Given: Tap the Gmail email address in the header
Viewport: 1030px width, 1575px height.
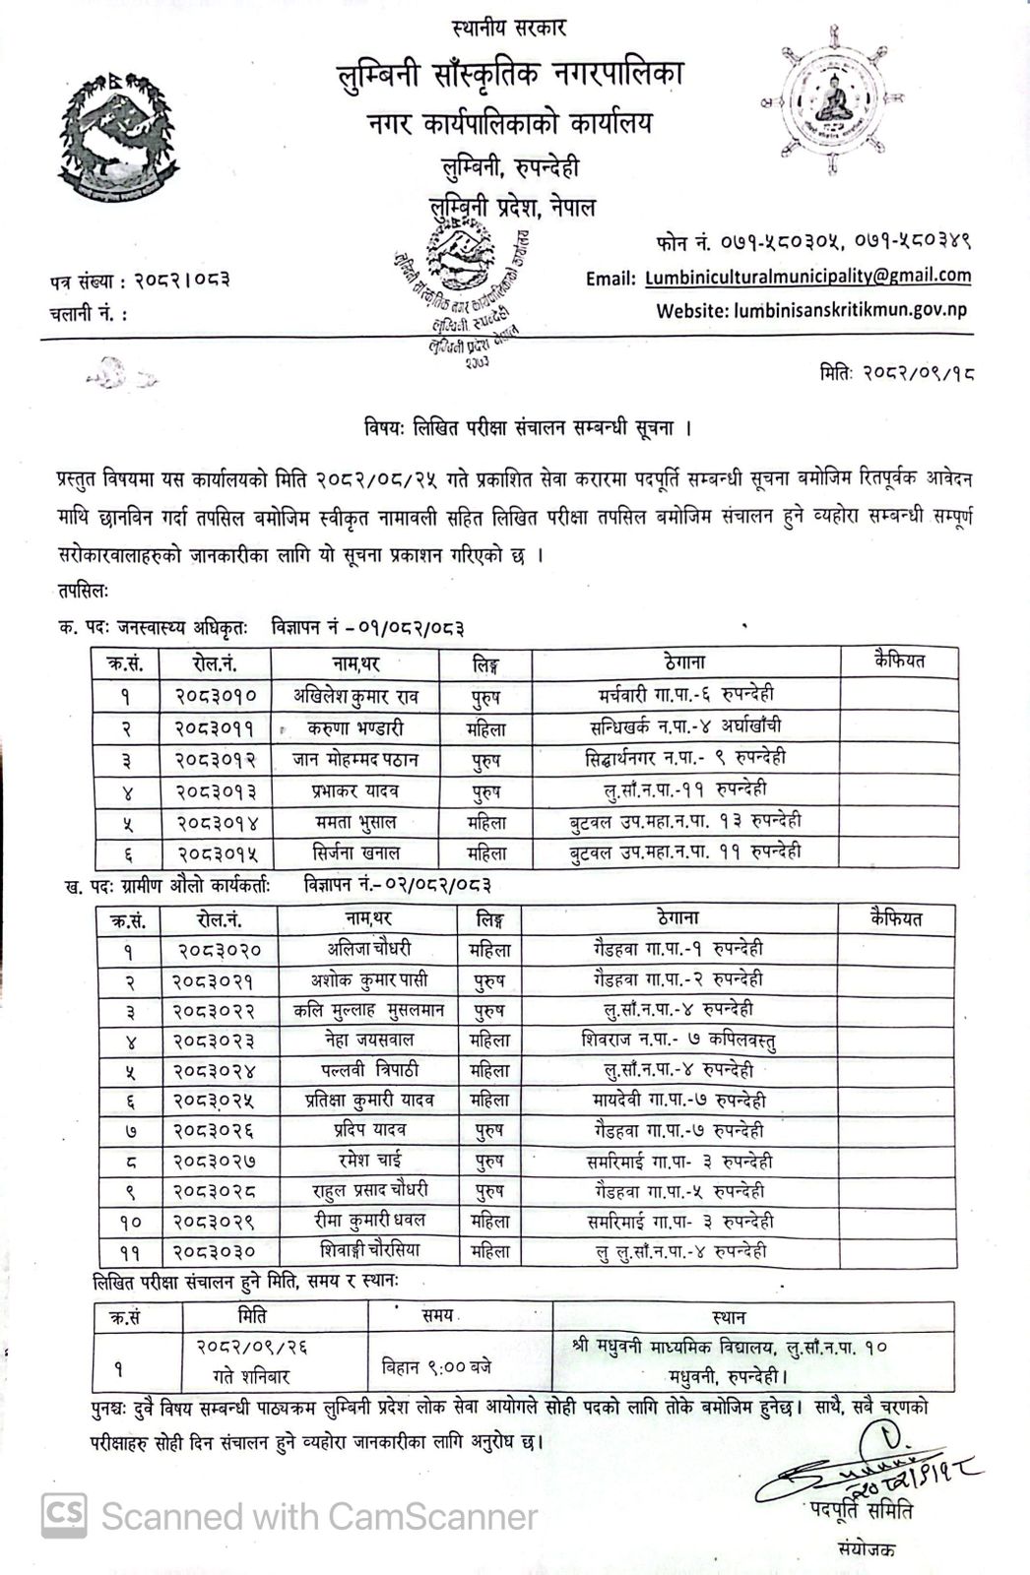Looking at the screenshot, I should [807, 277].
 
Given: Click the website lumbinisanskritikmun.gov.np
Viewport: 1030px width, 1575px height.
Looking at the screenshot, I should [850, 309].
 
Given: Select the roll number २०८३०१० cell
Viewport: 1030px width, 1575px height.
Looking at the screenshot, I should [216, 696].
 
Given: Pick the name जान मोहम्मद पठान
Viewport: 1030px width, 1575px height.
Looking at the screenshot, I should [354, 759].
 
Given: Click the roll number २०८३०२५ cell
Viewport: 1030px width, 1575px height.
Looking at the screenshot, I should [216, 1101].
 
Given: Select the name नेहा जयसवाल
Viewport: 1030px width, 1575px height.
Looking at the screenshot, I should [368, 1039].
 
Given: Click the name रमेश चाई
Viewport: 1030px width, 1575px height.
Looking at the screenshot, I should [368, 1161].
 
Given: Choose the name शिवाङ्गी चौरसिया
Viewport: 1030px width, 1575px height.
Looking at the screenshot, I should [368, 1251].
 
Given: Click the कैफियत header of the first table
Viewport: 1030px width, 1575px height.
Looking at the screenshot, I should [898, 661].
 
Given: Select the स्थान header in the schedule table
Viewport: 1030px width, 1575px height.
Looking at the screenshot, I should [728, 1317].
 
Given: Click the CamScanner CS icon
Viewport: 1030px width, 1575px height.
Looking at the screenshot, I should [63, 1515].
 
